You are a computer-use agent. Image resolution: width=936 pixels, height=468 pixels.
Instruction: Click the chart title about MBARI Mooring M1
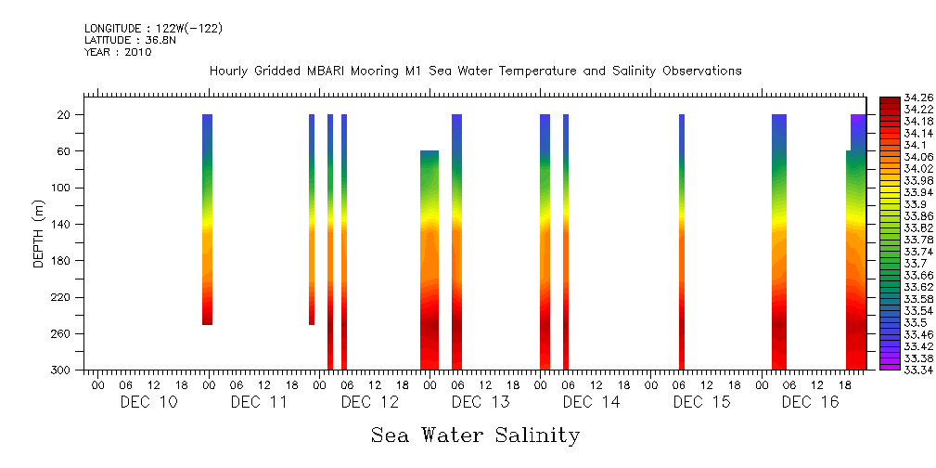(475, 71)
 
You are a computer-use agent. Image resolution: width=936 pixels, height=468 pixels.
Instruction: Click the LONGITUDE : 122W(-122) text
(153, 29)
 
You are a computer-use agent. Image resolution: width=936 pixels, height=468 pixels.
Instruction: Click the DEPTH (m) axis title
(39, 233)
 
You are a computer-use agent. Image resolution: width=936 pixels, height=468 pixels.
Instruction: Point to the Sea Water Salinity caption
(475, 435)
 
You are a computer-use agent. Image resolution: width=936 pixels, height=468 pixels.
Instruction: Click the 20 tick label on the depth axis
(65, 115)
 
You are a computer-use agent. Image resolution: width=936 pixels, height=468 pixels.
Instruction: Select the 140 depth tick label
(62, 225)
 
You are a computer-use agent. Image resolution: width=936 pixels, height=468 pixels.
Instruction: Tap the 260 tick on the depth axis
(62, 334)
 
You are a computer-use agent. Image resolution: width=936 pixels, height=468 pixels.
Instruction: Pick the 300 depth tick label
(62, 370)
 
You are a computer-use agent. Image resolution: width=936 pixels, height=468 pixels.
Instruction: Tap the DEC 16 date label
(810, 402)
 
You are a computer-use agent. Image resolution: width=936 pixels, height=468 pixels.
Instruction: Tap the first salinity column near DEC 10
(208, 219)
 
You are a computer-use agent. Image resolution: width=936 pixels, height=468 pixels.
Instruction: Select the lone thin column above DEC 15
(682, 241)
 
